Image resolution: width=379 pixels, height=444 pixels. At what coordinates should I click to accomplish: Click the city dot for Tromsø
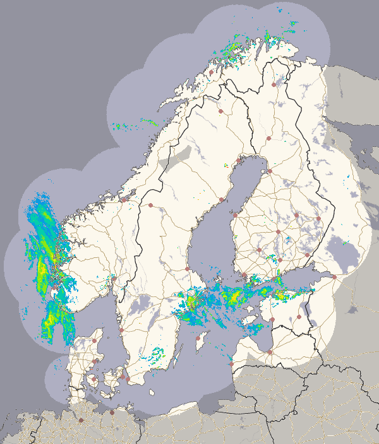tap(210, 72)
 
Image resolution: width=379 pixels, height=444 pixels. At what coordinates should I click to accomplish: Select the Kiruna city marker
tap(221, 111)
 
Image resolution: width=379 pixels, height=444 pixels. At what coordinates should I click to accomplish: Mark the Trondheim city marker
tap(124, 199)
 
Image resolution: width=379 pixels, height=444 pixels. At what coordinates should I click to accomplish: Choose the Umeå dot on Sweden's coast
tap(222, 200)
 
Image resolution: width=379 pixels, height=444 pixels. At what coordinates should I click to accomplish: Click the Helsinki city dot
tap(276, 277)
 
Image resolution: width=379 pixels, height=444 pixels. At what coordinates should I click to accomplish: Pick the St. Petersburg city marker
tap(334, 276)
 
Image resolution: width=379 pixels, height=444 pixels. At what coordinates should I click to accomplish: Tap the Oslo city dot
tap(114, 277)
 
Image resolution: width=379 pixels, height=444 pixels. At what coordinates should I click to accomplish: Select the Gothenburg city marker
tap(121, 329)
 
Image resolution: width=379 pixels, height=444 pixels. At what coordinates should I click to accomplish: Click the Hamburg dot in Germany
tap(81, 420)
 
